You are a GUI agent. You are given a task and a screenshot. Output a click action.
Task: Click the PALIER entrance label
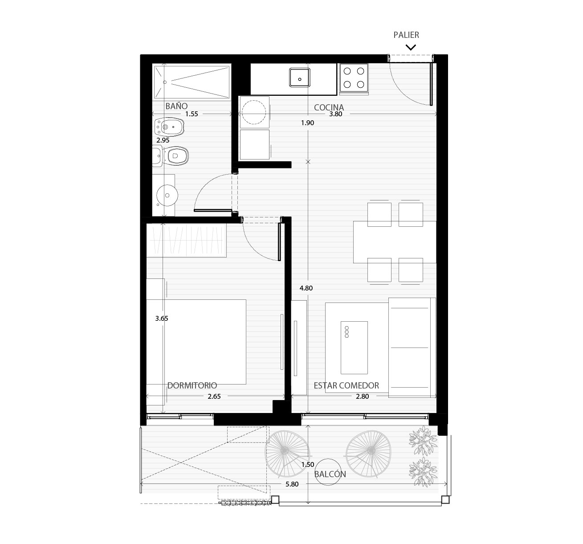406,35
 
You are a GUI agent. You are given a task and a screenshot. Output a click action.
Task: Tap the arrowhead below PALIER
411,47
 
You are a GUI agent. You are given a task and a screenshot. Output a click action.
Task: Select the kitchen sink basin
299,78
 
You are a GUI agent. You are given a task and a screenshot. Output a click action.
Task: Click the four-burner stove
354,78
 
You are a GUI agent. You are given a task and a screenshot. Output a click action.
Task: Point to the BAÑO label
176,106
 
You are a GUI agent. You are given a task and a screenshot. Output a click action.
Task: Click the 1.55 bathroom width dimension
192,114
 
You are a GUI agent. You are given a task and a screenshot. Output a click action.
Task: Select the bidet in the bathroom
169,127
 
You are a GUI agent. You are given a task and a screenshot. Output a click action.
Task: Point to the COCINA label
329,107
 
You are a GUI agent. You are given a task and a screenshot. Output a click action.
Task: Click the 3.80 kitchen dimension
335,114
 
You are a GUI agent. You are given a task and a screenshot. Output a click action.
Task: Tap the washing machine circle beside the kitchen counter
254,112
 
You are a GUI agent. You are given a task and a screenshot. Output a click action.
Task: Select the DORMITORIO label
192,385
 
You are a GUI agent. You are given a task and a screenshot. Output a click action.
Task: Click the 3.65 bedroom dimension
162,319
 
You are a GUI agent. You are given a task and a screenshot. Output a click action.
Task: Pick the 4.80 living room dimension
306,288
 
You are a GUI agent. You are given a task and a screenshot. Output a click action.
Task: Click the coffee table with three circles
354,348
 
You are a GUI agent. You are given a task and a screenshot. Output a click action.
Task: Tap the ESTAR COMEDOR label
347,385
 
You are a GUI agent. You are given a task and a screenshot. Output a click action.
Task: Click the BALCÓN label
330,474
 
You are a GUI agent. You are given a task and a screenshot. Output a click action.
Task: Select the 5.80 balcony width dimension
292,484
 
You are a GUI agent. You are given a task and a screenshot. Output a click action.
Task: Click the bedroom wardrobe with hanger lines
186,240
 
